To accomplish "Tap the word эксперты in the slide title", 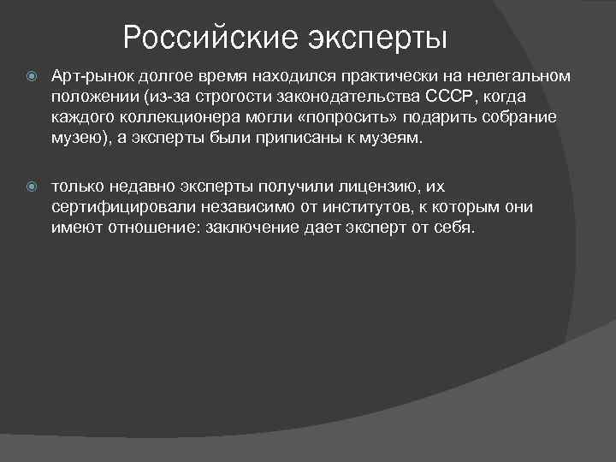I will tap(376, 38).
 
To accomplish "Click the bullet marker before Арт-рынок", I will tap(32, 76).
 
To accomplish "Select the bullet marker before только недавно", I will tap(32, 186).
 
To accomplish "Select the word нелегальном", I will tap(520, 76).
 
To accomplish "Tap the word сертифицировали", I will tap(108, 206).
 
